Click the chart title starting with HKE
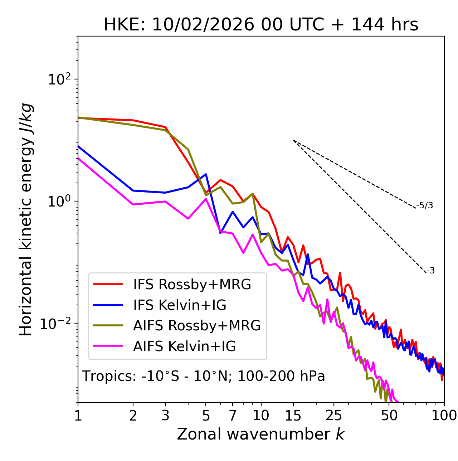[x=261, y=25]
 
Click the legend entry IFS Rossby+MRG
[x=192, y=285]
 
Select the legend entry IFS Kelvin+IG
[x=180, y=305]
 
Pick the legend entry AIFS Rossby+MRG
[x=197, y=326]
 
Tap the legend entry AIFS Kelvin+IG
[x=184, y=346]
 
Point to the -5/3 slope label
[x=425, y=206]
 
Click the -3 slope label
[x=430, y=271]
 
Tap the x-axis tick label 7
[x=233, y=416]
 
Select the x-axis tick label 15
[x=293, y=416]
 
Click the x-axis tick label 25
[x=334, y=416]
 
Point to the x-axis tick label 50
[x=389, y=416]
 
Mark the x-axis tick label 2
[x=133, y=416]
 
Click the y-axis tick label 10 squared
[x=59, y=79]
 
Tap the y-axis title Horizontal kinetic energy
[x=26, y=219]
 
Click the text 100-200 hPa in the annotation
[x=281, y=377]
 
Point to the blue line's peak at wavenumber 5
[x=206, y=174]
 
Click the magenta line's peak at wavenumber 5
[x=206, y=199]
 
